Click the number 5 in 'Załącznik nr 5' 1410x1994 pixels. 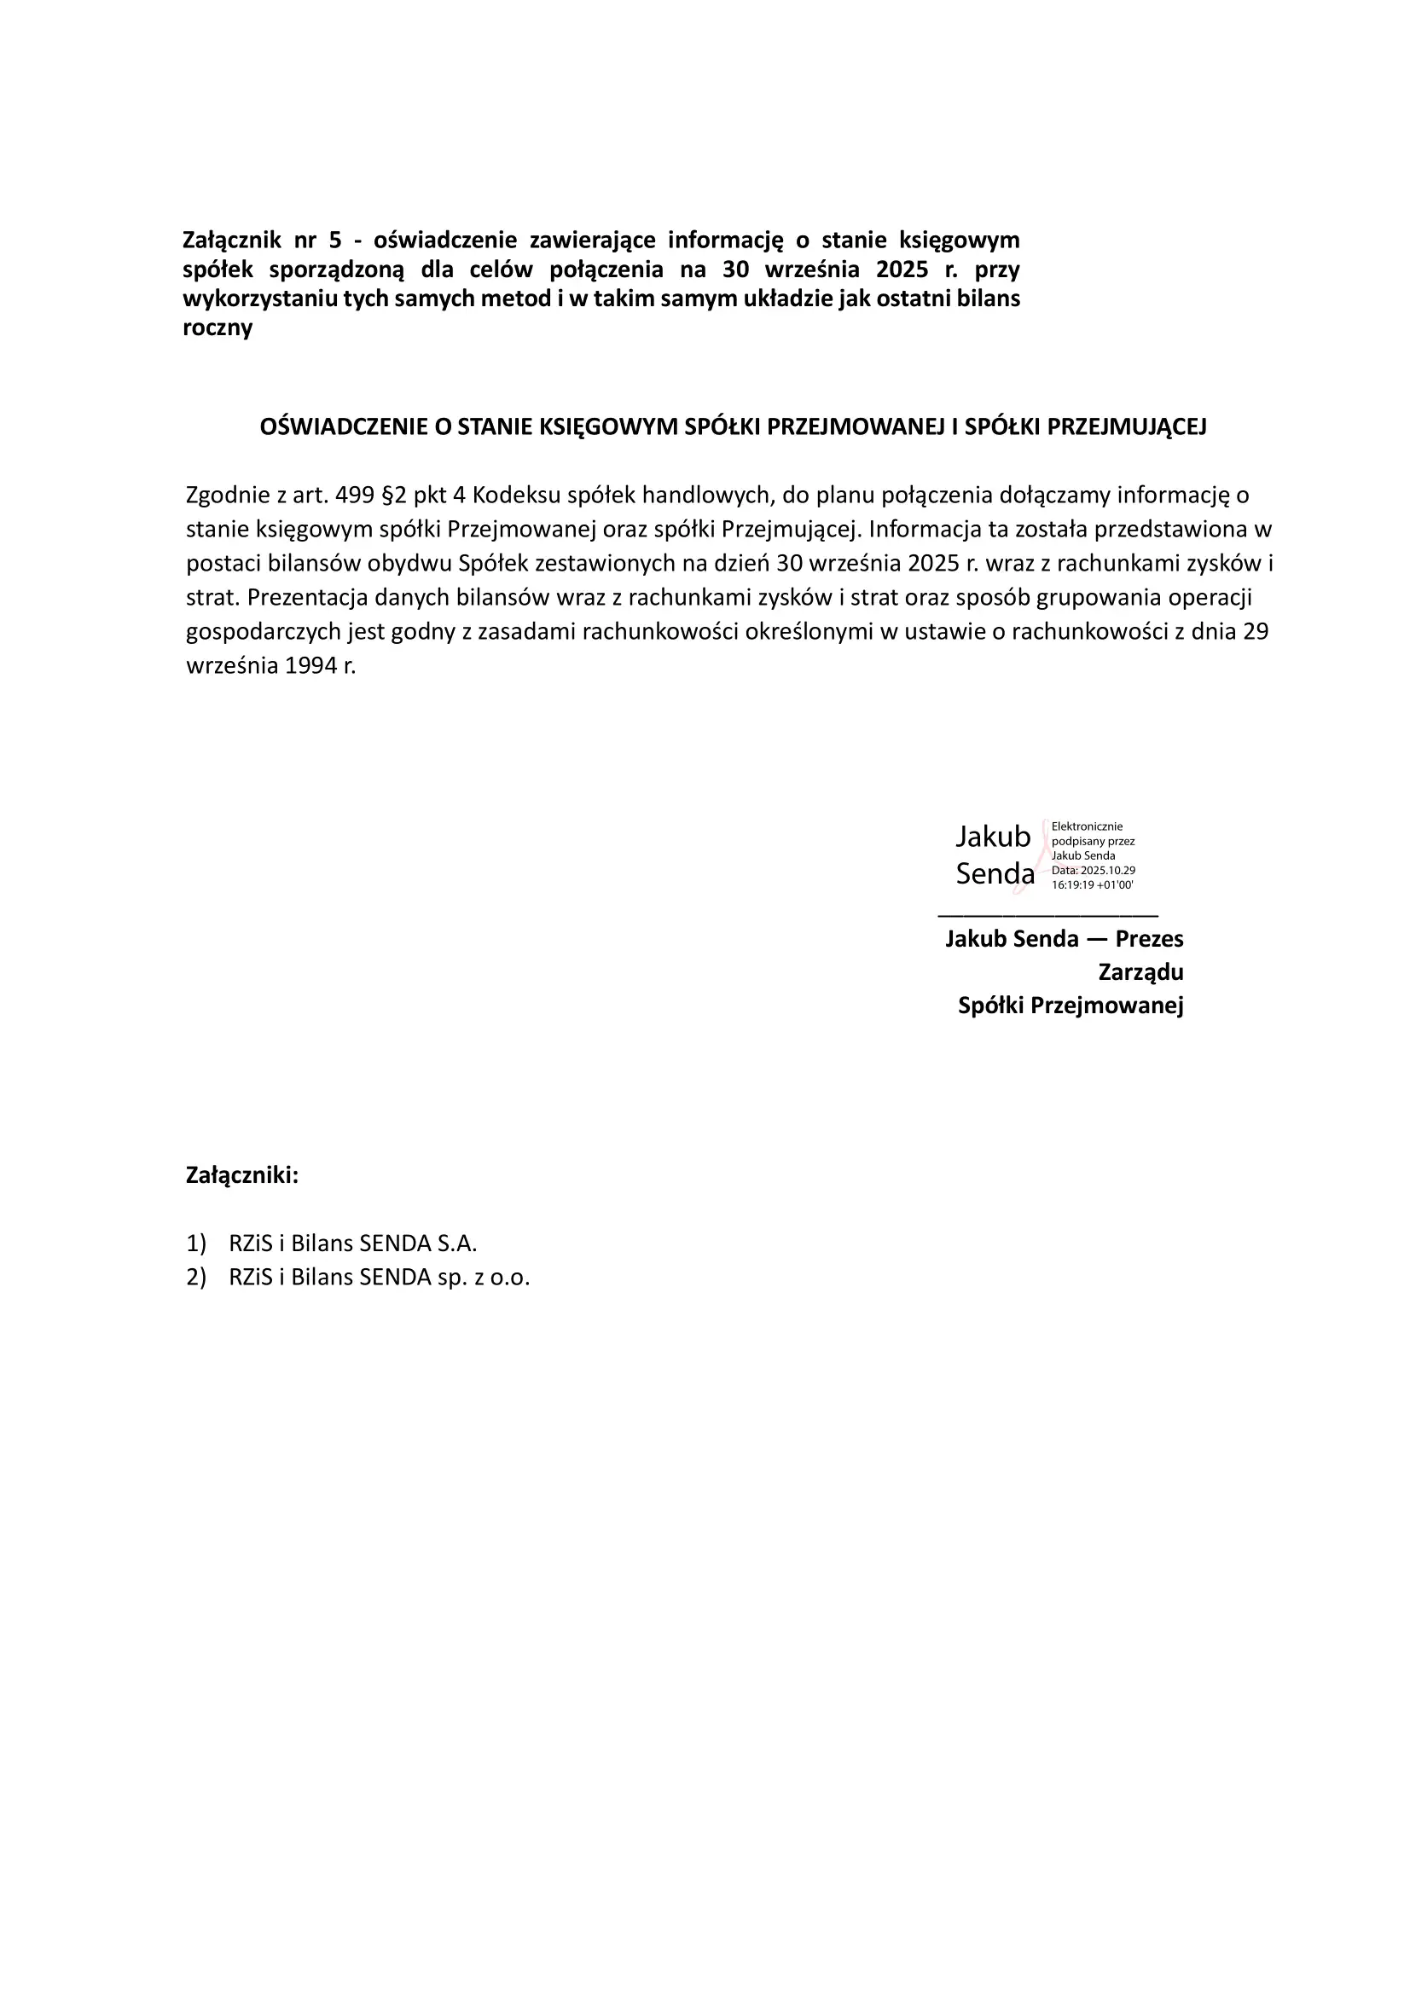(x=336, y=240)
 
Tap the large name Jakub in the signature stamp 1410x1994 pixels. (x=992, y=838)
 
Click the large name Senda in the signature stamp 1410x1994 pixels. (x=995, y=873)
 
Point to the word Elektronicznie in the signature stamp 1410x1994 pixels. (x=1087, y=826)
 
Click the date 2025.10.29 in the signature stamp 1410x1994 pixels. (x=1106, y=870)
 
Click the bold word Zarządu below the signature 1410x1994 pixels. (x=1140, y=971)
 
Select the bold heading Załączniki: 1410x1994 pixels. (x=242, y=1176)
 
